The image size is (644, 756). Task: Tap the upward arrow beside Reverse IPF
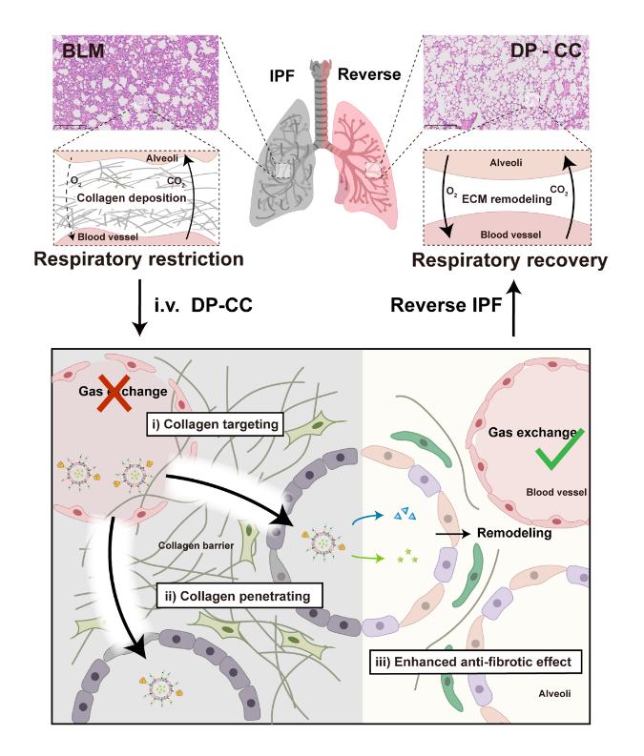[x=514, y=306]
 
